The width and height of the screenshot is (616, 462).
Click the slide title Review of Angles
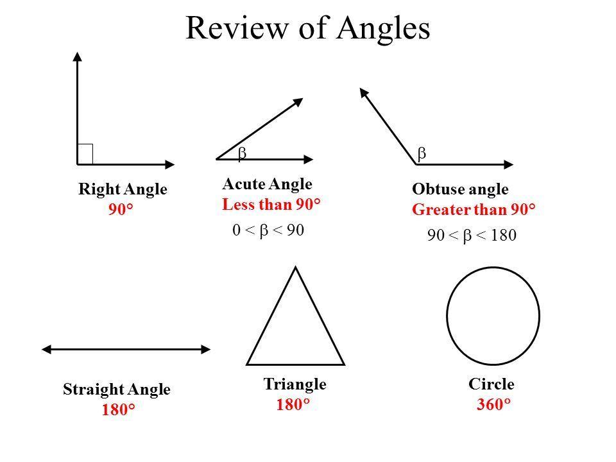tap(308, 28)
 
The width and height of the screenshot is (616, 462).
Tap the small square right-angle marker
tap(85, 154)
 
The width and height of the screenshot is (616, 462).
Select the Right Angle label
tap(123, 189)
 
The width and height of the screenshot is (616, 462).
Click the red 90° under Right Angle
tap(121, 209)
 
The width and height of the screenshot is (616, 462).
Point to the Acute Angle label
tap(267, 185)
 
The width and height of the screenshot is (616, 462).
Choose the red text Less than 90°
tap(271, 205)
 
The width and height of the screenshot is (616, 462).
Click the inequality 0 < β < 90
tap(268, 230)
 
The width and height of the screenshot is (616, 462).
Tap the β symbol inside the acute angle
tap(243, 153)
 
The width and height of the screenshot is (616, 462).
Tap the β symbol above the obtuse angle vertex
tap(422, 153)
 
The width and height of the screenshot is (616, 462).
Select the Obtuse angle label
tap(460, 189)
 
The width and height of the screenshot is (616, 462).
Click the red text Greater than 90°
tap(474, 210)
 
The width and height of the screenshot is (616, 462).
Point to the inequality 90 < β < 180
tap(472, 236)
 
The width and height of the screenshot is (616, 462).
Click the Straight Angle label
tap(117, 389)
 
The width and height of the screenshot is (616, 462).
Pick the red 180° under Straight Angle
tap(118, 410)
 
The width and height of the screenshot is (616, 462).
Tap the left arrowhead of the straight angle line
tap(46, 348)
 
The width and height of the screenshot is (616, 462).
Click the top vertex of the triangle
tap(295, 268)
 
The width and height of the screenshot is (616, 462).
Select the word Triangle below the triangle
tap(295, 384)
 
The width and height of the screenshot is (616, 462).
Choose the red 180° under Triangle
tap(293, 405)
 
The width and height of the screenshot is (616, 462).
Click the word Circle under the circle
tap(492, 384)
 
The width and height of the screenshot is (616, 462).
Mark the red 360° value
tap(493, 405)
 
